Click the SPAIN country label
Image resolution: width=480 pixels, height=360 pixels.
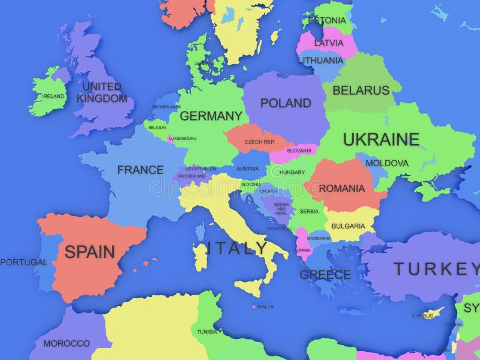coord(89,251)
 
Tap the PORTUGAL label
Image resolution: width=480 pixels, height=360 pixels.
coord(23,262)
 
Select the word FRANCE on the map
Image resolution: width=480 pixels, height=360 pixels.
coord(140,170)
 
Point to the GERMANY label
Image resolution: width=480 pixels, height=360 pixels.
coord(211,116)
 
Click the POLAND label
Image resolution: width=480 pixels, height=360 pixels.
coord(286,103)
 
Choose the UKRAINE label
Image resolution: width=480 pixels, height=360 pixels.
coord(381,139)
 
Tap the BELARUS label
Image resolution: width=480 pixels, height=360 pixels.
coord(361,91)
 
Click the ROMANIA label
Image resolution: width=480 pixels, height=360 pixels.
coord(341,188)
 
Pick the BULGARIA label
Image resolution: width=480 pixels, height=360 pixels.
coord(347,226)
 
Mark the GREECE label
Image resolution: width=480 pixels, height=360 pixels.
coord(325,275)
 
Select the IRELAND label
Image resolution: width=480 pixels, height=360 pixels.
coord(53,96)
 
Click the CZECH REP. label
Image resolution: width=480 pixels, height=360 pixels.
coord(259,142)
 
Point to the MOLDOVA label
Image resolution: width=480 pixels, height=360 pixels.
coord(387,163)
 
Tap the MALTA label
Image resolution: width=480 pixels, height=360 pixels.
coord(265,307)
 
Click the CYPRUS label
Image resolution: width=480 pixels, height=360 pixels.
coord(422,316)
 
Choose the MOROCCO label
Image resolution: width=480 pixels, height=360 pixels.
coord(66,344)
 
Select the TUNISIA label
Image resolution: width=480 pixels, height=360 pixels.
coord(207,332)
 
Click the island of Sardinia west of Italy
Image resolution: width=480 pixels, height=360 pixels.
coord(200,257)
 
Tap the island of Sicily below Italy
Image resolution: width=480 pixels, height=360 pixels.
coord(249,287)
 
